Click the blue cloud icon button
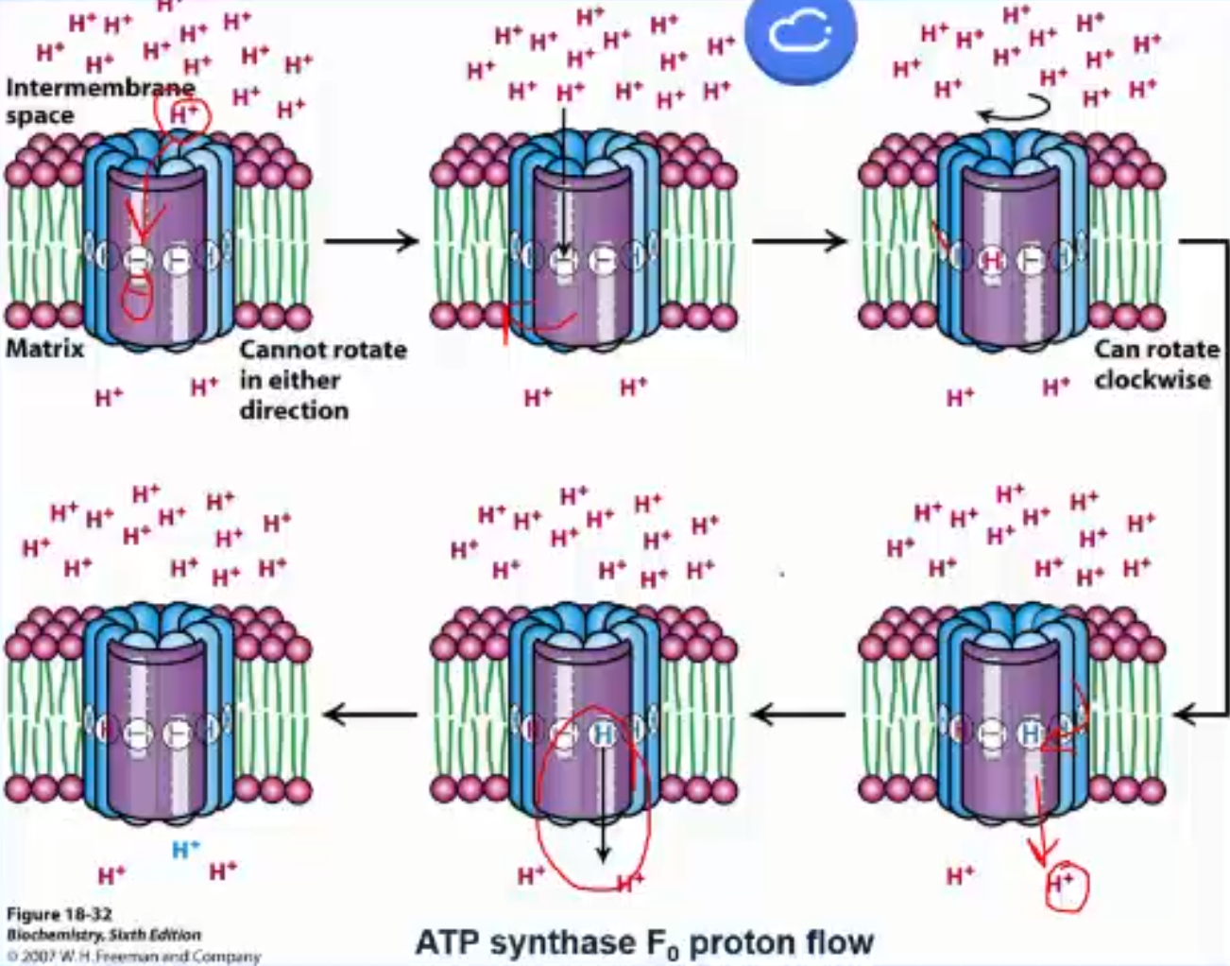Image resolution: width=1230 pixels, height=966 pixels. [799, 34]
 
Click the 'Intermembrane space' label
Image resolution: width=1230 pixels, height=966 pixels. [94, 101]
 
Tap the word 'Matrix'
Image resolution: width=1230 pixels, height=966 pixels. [44, 349]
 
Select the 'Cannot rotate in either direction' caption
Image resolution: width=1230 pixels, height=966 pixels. [321, 379]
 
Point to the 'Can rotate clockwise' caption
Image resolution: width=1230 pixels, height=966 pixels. [1155, 364]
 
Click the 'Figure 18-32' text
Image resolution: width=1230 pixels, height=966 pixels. [59, 914]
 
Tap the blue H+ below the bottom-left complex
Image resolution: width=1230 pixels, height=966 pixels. [185, 850]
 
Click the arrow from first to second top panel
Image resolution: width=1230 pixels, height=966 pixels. [370, 241]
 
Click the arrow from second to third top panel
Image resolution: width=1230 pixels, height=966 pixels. [799, 241]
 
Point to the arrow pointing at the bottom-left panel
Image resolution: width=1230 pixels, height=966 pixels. [370, 714]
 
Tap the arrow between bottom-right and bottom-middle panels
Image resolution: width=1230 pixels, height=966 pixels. [799, 714]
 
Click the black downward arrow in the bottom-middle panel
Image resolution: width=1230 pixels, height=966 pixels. [603, 803]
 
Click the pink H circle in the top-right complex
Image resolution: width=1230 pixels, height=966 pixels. [992, 259]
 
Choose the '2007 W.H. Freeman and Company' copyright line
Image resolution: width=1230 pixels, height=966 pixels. [132, 956]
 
